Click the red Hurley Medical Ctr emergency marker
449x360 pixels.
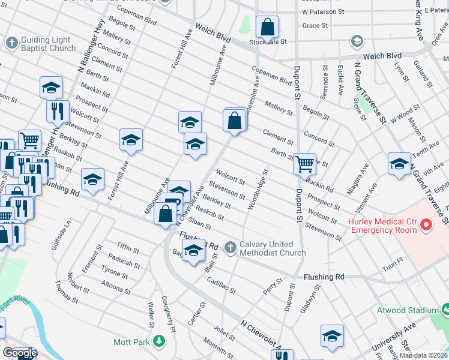pyautogui.click(x=426, y=226)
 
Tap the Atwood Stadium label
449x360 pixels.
pyautogui.click(x=407, y=310)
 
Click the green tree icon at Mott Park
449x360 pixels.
pyautogui.click(x=159, y=341)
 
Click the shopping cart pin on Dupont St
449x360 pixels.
pyautogui.click(x=305, y=163)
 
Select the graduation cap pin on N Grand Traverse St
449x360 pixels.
pyautogui.click(x=399, y=163)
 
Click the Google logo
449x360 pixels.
pyautogui.click(x=20, y=353)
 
